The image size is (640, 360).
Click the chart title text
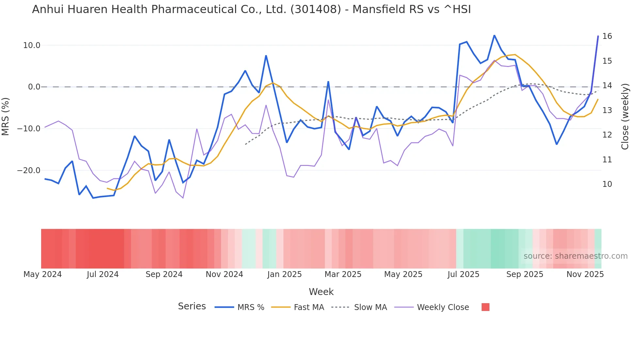pyautogui.click(x=251, y=9)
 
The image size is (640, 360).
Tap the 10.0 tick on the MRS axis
pyautogui.click(x=32, y=45)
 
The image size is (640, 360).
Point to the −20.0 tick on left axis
pyautogui.click(x=29, y=171)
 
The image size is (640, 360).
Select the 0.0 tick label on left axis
pyautogui.click(x=34, y=87)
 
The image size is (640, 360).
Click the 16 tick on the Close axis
pyautogui.click(x=607, y=36)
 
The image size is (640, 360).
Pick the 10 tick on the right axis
pyautogui.click(x=607, y=184)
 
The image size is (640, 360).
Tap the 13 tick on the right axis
pyautogui.click(x=607, y=110)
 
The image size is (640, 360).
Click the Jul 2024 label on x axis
pyautogui.click(x=103, y=274)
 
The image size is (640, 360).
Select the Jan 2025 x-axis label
pyautogui.click(x=284, y=274)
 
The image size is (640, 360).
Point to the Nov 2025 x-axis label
pyautogui.click(x=585, y=274)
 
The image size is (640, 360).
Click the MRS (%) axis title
pyautogui.click(x=6, y=116)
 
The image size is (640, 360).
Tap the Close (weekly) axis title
pyautogui.click(x=625, y=117)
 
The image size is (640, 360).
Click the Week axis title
pyautogui.click(x=321, y=292)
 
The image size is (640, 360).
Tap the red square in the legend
pyautogui.click(x=485, y=307)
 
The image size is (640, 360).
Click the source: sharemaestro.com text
pyautogui.click(x=575, y=256)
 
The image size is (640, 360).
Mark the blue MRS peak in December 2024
pyautogui.click(x=266, y=56)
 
